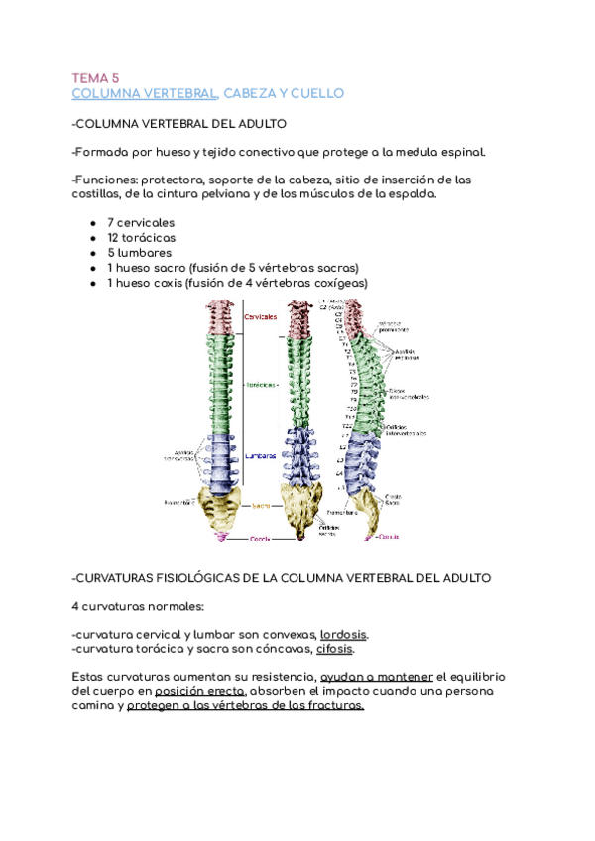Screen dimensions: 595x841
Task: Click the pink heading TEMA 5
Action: [x=95, y=76]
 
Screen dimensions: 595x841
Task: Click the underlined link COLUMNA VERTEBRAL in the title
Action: [x=145, y=93]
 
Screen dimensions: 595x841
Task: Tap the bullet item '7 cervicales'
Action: [x=140, y=222]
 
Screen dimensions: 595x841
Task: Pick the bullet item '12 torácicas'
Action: [x=141, y=237]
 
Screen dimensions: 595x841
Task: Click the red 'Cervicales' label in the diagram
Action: [x=261, y=316]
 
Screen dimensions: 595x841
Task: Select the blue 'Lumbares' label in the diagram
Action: [x=261, y=456]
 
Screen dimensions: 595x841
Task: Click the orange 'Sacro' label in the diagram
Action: [x=261, y=505]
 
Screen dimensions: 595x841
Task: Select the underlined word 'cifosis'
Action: [x=335, y=649]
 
